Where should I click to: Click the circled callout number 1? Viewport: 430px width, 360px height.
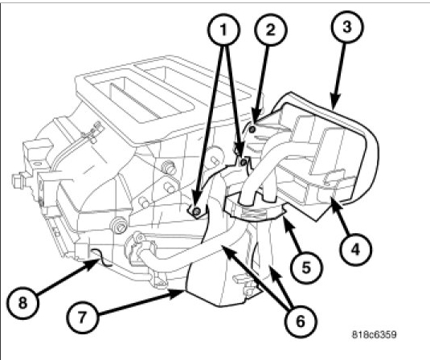223,30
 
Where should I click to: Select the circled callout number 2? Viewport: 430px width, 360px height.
270,30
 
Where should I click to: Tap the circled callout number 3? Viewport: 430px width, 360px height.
347,27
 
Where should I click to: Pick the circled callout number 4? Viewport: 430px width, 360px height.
355,249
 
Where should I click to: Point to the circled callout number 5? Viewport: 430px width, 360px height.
306,267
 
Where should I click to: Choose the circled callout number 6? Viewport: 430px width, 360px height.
301,321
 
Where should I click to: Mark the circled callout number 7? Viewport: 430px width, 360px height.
82,317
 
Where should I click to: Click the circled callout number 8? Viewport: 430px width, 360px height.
23,303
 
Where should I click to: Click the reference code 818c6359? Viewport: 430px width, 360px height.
374,334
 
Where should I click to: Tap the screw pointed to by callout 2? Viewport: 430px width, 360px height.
252,129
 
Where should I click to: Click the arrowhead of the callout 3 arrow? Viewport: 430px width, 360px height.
335,102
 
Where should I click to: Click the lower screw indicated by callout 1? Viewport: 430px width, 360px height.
196,211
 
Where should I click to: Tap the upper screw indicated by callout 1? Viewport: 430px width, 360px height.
244,162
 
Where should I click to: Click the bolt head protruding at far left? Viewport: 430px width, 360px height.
16,181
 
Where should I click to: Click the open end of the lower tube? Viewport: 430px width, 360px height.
139,237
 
